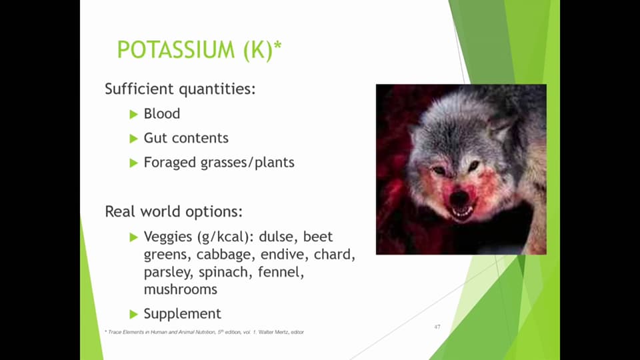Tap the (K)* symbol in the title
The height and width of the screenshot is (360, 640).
tap(261, 50)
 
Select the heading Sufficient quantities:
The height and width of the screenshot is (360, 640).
tap(180, 89)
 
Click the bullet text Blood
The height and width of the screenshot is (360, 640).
tap(162, 113)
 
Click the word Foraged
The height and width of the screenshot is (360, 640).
tap(170, 163)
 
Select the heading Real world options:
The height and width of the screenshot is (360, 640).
tap(173, 212)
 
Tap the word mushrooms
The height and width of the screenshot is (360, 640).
tap(180, 290)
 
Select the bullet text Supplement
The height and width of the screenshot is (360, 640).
tap(183, 313)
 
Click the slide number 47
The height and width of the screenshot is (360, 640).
tap(437, 327)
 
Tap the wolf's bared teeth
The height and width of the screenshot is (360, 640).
tap(462, 213)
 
